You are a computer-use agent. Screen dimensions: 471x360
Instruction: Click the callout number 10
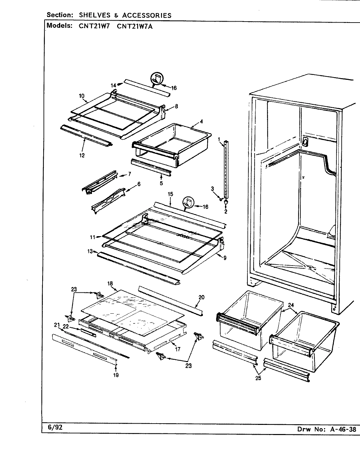[81, 96]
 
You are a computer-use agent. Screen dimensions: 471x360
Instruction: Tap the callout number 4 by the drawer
[202, 121]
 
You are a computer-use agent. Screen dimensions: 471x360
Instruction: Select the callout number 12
[82, 155]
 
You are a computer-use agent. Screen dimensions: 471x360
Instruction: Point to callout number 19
[116, 375]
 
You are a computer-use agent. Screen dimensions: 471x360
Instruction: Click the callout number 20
[201, 297]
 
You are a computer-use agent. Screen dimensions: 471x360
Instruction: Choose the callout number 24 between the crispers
[291, 305]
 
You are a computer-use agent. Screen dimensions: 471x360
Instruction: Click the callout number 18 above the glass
[110, 283]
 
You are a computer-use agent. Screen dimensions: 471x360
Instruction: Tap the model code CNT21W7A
[135, 26]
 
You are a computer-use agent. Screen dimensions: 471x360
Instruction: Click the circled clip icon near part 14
[157, 78]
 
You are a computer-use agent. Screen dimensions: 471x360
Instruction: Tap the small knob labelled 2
[226, 203]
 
